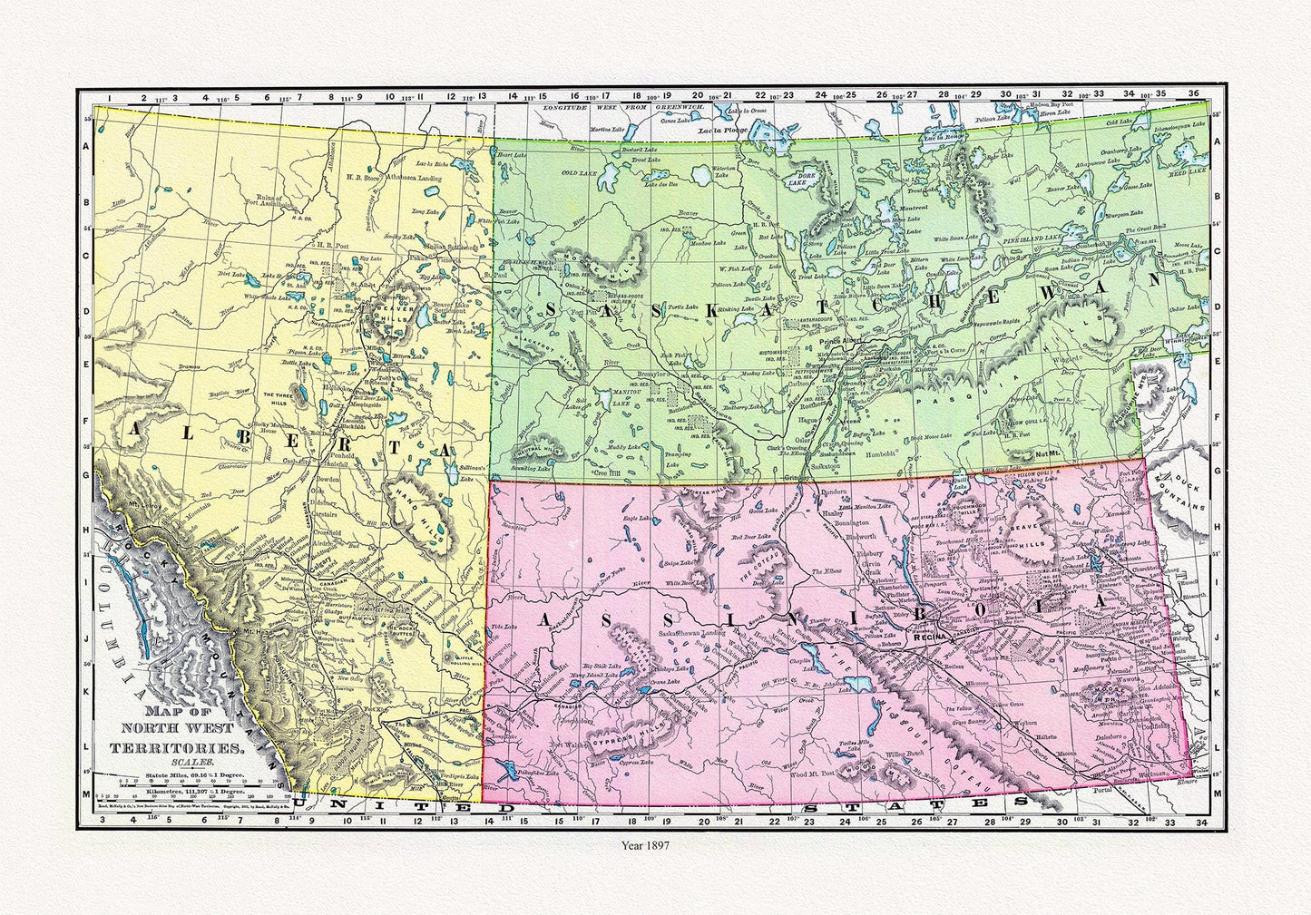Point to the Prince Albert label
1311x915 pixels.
click(x=844, y=342)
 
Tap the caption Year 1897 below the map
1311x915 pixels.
click(x=645, y=843)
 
